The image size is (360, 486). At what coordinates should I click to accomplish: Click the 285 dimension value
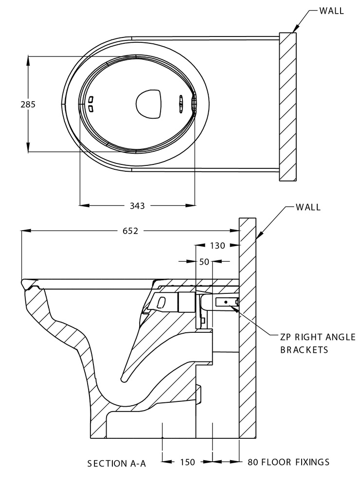[x=28, y=104]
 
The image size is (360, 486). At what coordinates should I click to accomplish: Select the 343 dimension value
[x=137, y=206]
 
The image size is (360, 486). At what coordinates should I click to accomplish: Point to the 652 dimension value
[x=130, y=231]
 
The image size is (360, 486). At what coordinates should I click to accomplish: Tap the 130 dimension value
[x=217, y=246]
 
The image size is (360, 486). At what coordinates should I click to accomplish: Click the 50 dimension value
[x=204, y=262]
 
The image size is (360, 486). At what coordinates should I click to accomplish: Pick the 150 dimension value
[x=187, y=463]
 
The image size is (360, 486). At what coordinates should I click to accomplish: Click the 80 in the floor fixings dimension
[x=253, y=462]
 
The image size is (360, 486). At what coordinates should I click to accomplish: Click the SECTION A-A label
[x=117, y=463]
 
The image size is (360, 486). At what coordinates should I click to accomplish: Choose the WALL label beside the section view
[x=308, y=207]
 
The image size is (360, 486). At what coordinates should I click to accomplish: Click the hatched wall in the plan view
[x=288, y=107]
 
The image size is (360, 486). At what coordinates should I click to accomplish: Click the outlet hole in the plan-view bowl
[x=148, y=103]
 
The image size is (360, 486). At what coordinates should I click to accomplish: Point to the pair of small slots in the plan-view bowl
[x=90, y=103]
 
